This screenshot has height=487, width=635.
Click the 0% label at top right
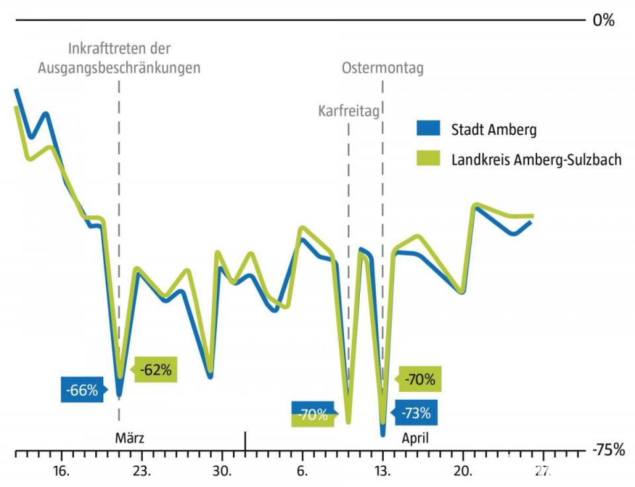pos(603,20)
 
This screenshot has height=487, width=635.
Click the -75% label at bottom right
pos(609,451)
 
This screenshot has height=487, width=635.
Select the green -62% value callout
pos(155,370)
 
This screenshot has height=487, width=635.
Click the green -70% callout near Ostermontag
pos(419,379)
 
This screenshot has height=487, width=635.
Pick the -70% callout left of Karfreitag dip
pos(312,416)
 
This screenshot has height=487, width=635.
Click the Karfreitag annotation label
pos(349,111)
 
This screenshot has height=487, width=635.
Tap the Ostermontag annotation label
pos(382,67)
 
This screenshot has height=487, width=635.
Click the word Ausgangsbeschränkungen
pos(119,67)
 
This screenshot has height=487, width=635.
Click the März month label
pos(130,437)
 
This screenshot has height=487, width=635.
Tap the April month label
pos(415,437)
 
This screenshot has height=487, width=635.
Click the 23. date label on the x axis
pos(142,471)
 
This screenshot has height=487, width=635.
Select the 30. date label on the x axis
pos(222,471)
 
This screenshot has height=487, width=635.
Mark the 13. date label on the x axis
pos(383,471)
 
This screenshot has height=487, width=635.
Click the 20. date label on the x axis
pos(463,471)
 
